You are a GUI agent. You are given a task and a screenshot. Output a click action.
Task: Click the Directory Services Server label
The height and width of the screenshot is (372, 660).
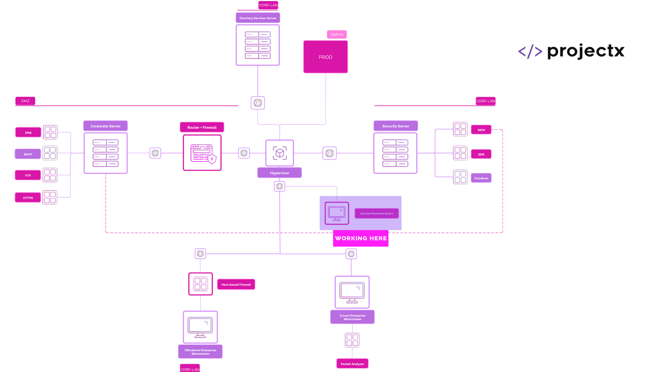point(258,18)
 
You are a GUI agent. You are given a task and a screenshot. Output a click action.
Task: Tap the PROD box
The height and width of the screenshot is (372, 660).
point(325,57)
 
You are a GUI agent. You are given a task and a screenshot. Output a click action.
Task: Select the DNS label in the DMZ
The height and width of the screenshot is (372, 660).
point(28,133)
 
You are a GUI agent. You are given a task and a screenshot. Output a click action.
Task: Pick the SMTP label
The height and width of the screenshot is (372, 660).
point(28,154)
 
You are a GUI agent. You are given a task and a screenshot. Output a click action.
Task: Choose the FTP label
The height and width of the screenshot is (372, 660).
point(28,176)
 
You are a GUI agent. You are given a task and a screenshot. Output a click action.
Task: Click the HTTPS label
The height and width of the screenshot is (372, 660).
point(28,198)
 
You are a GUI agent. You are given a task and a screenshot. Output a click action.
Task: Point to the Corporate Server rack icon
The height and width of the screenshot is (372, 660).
point(106,153)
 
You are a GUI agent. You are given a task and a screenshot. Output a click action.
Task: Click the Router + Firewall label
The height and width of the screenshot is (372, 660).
point(202,127)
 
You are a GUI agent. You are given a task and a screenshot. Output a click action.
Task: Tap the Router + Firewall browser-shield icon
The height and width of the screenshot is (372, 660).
point(202,153)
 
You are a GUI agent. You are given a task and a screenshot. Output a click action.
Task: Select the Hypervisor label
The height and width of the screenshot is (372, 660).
point(279,173)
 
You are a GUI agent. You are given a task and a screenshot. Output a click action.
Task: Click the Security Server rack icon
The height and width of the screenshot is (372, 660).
point(395,153)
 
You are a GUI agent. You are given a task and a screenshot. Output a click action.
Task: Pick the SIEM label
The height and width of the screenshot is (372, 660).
point(481,130)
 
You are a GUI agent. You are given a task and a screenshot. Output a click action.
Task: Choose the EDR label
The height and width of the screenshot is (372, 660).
point(481,154)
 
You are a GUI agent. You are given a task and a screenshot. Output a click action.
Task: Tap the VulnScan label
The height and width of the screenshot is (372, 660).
point(481,178)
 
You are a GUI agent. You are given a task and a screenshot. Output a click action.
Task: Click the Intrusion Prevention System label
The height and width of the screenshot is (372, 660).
point(376,214)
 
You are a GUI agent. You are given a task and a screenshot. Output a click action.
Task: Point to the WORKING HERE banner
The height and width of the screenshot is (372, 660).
point(361,238)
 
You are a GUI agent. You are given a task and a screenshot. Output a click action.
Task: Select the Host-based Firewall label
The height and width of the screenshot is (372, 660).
point(236,285)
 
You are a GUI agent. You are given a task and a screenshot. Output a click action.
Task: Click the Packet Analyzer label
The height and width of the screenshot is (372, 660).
point(352,364)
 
